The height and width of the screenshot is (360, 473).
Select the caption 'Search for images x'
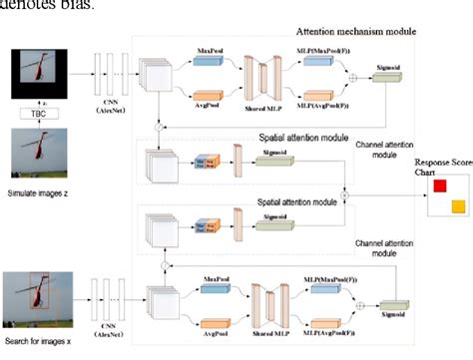tap(39, 344)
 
